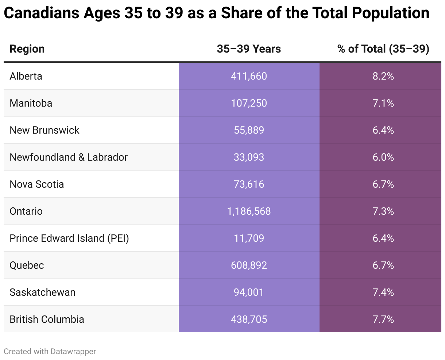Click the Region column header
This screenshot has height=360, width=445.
click(27, 49)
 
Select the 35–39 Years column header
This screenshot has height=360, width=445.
click(249, 49)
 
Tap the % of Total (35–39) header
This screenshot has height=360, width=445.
click(383, 49)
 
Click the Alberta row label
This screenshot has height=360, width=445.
click(26, 76)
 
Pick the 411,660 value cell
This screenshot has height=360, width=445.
click(249, 76)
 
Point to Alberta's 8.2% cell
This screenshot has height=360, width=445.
click(383, 76)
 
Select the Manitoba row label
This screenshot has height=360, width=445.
click(31, 103)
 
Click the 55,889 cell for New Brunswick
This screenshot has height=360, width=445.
click(249, 130)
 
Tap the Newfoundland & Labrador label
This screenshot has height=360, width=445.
click(69, 157)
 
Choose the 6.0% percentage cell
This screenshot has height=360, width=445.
click(383, 157)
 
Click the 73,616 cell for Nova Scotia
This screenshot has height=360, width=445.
click(249, 184)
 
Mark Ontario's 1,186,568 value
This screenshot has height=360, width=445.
click(249, 211)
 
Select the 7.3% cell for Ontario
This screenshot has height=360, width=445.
click(383, 211)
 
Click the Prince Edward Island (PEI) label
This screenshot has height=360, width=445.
click(69, 238)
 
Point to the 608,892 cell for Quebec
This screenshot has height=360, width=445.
click(249, 265)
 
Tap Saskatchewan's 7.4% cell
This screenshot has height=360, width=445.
click(383, 292)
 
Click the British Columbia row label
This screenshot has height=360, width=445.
click(47, 319)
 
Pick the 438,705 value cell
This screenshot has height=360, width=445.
click(249, 319)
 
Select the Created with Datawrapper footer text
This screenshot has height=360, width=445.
click(50, 351)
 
